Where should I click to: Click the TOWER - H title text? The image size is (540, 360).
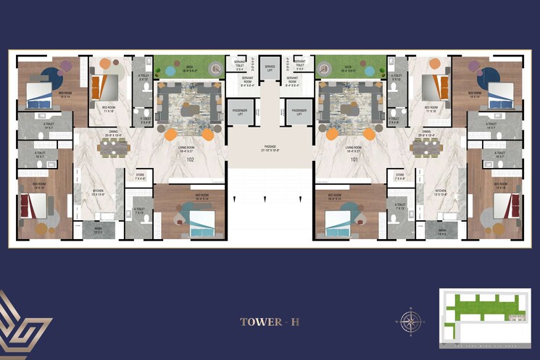[x=270, y=321]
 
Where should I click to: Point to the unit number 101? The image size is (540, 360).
[x=354, y=159]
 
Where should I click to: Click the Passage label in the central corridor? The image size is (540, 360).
[x=270, y=148]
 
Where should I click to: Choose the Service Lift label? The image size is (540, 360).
[x=270, y=67]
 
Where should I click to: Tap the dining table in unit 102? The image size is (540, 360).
[x=115, y=147]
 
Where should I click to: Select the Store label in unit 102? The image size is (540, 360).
[x=140, y=176]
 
